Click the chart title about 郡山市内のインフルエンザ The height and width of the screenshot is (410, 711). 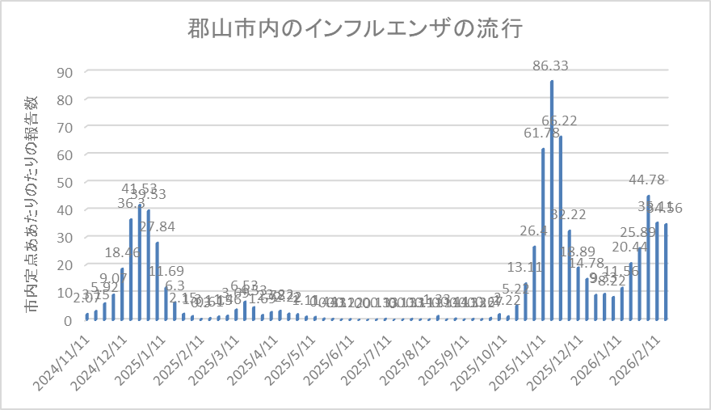(x=355, y=31)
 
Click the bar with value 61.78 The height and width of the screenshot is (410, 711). (x=543, y=234)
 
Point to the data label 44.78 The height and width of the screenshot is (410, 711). (x=648, y=180)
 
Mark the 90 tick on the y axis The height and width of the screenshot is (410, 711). (x=65, y=72)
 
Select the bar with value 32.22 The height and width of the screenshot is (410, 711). (x=570, y=275)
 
